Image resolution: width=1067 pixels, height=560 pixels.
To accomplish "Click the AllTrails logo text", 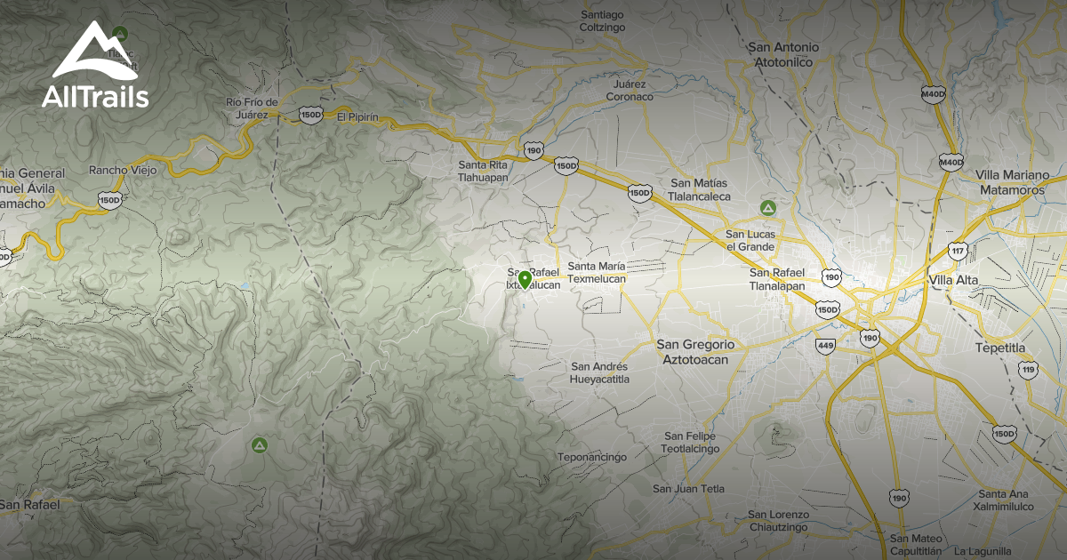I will [x=95, y=97].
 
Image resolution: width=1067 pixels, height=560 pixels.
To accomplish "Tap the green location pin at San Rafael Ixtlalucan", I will [x=525, y=280].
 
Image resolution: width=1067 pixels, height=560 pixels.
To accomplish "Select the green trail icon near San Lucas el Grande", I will [x=766, y=208].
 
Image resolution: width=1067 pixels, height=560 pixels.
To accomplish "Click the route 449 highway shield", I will [x=826, y=345].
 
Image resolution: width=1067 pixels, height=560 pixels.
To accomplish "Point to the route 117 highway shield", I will [x=958, y=252].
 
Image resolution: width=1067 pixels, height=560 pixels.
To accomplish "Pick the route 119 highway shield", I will [x=1029, y=369].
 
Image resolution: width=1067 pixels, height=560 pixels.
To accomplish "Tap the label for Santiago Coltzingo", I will [x=603, y=20].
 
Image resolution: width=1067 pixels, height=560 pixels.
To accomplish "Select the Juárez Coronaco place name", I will [x=630, y=90].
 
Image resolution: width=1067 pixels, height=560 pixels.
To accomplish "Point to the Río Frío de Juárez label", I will [x=253, y=108].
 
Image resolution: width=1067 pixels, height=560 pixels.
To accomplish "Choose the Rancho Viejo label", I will [x=123, y=170].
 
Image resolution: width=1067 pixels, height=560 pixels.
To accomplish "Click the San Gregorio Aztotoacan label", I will [x=695, y=352].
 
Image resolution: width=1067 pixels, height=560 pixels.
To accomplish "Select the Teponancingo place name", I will [x=592, y=457].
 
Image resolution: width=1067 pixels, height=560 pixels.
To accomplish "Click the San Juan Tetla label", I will [x=688, y=489].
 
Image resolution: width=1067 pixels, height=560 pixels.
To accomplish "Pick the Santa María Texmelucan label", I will [x=597, y=272].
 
